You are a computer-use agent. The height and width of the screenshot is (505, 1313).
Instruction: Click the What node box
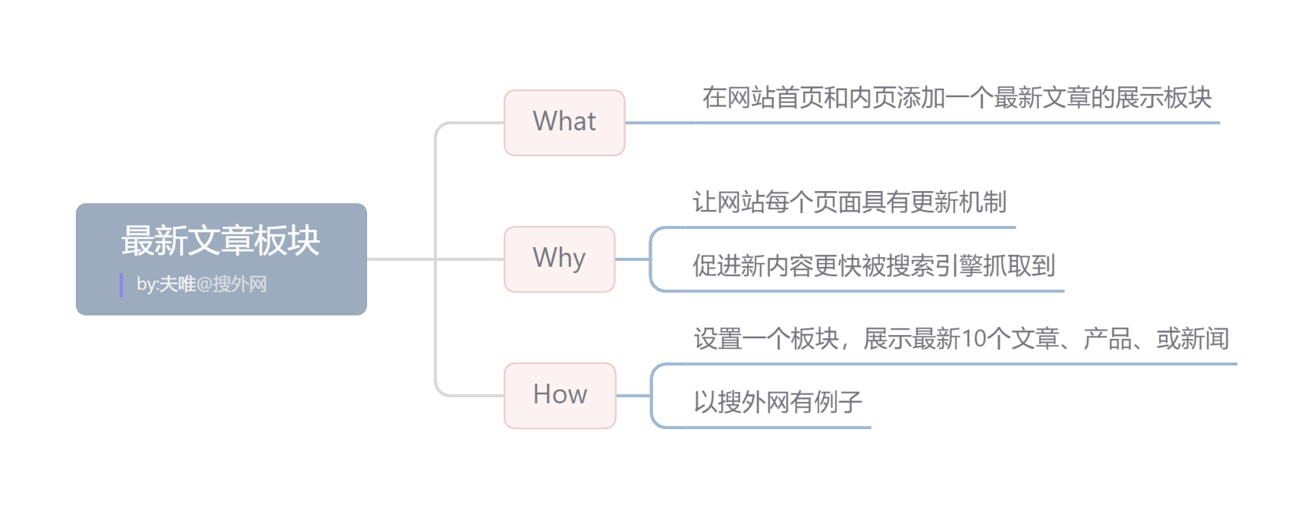564,123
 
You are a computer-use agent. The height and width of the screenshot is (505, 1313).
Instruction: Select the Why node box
560,259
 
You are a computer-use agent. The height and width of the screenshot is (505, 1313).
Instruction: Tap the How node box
560,396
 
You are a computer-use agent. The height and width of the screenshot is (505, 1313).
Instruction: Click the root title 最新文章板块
221,240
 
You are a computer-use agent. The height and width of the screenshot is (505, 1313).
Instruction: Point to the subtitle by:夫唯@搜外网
202,284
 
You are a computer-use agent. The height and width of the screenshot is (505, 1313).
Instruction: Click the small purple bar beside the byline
121,285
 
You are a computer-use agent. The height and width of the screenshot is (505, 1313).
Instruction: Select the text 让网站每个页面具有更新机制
850,202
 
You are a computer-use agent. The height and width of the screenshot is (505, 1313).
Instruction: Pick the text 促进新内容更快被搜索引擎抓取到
874,265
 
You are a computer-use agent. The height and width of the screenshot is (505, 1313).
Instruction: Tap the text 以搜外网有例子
778,402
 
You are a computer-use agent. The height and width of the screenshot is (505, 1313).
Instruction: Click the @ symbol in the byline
204,284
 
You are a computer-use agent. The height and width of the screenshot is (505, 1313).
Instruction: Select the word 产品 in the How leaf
1107,339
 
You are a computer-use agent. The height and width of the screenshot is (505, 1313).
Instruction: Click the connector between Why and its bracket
632,259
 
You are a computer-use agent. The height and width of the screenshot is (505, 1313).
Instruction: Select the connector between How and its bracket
633,396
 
